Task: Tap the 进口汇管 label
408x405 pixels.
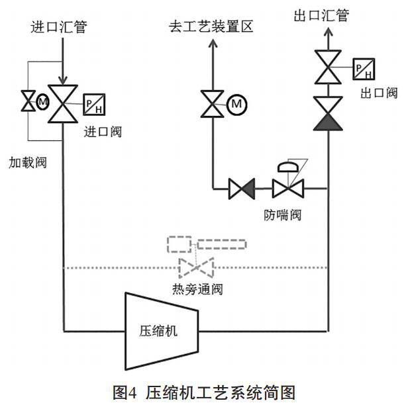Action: [58, 27]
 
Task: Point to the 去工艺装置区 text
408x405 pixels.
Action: [211, 27]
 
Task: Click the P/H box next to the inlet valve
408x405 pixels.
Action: [93, 104]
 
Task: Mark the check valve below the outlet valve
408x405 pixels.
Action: [328, 114]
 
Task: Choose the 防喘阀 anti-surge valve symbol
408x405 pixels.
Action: [289, 189]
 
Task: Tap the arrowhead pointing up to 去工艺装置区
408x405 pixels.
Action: [212, 44]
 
